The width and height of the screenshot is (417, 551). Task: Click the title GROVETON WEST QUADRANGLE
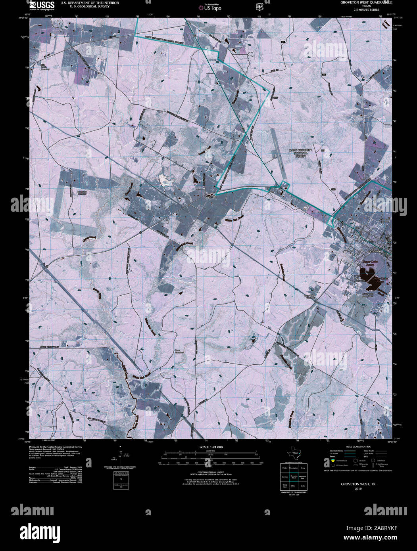click(366, 2)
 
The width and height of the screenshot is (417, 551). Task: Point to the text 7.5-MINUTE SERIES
click(366, 10)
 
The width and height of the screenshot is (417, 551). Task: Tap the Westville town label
click(211, 196)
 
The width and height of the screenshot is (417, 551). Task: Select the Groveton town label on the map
click(374, 251)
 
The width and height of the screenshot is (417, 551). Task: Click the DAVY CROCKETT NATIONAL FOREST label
click(300, 153)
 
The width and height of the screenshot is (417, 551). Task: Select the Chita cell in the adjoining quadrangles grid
click(294, 486)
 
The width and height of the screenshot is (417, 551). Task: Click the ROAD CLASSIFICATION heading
click(358, 447)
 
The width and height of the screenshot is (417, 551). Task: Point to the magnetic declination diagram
click(121, 456)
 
